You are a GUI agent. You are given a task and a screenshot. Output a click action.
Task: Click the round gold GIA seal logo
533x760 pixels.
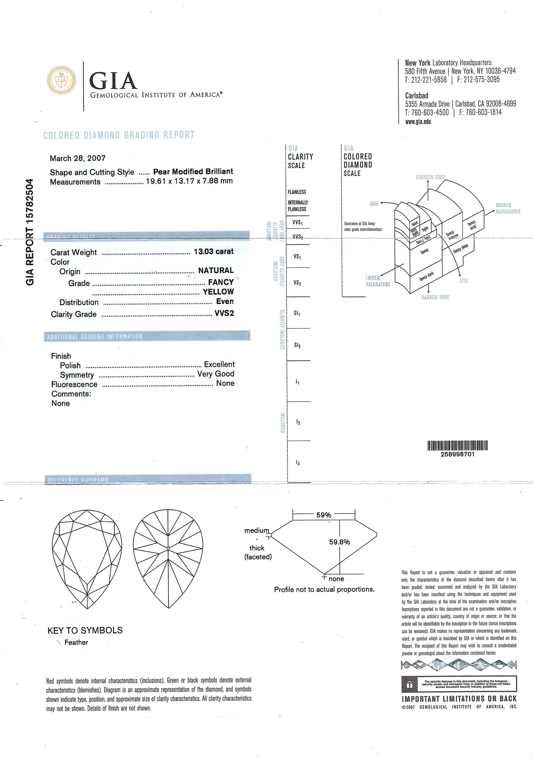click(61, 80)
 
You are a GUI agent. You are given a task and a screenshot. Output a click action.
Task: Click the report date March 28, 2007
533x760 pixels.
click(77, 158)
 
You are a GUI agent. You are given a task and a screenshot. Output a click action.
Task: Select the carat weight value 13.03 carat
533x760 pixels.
click(214, 251)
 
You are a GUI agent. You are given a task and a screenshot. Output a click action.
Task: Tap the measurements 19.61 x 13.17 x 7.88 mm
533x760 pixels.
click(189, 181)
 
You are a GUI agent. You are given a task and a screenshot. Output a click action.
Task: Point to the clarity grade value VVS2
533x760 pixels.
click(224, 313)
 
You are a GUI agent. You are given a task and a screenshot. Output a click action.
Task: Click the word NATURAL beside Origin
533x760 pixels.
click(216, 271)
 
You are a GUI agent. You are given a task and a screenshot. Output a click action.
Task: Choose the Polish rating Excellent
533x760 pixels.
click(219, 364)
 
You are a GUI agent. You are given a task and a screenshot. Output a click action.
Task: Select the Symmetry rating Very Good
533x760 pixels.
click(216, 374)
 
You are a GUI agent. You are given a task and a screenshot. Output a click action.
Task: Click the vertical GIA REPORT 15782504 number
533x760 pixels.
click(30, 232)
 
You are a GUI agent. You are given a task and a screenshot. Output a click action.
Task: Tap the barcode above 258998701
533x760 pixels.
click(457, 445)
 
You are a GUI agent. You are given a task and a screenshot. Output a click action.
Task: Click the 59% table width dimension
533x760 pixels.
click(324, 515)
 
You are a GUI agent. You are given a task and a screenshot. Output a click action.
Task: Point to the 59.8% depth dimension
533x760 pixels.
click(339, 542)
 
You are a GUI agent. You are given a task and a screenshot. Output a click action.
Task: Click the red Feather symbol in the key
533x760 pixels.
click(58, 642)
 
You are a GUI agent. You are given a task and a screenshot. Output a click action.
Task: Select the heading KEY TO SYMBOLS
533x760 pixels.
click(85, 630)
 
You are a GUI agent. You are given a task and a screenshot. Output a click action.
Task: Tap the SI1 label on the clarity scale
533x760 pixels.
click(297, 314)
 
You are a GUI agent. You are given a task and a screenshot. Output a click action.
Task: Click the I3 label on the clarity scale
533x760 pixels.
click(298, 463)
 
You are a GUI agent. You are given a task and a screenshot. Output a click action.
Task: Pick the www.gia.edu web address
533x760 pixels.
click(418, 121)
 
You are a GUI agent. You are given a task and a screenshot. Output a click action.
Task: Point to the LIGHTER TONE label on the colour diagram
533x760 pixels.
click(431, 177)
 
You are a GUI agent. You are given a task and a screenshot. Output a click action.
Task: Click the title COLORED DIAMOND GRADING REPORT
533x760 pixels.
click(119, 135)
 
